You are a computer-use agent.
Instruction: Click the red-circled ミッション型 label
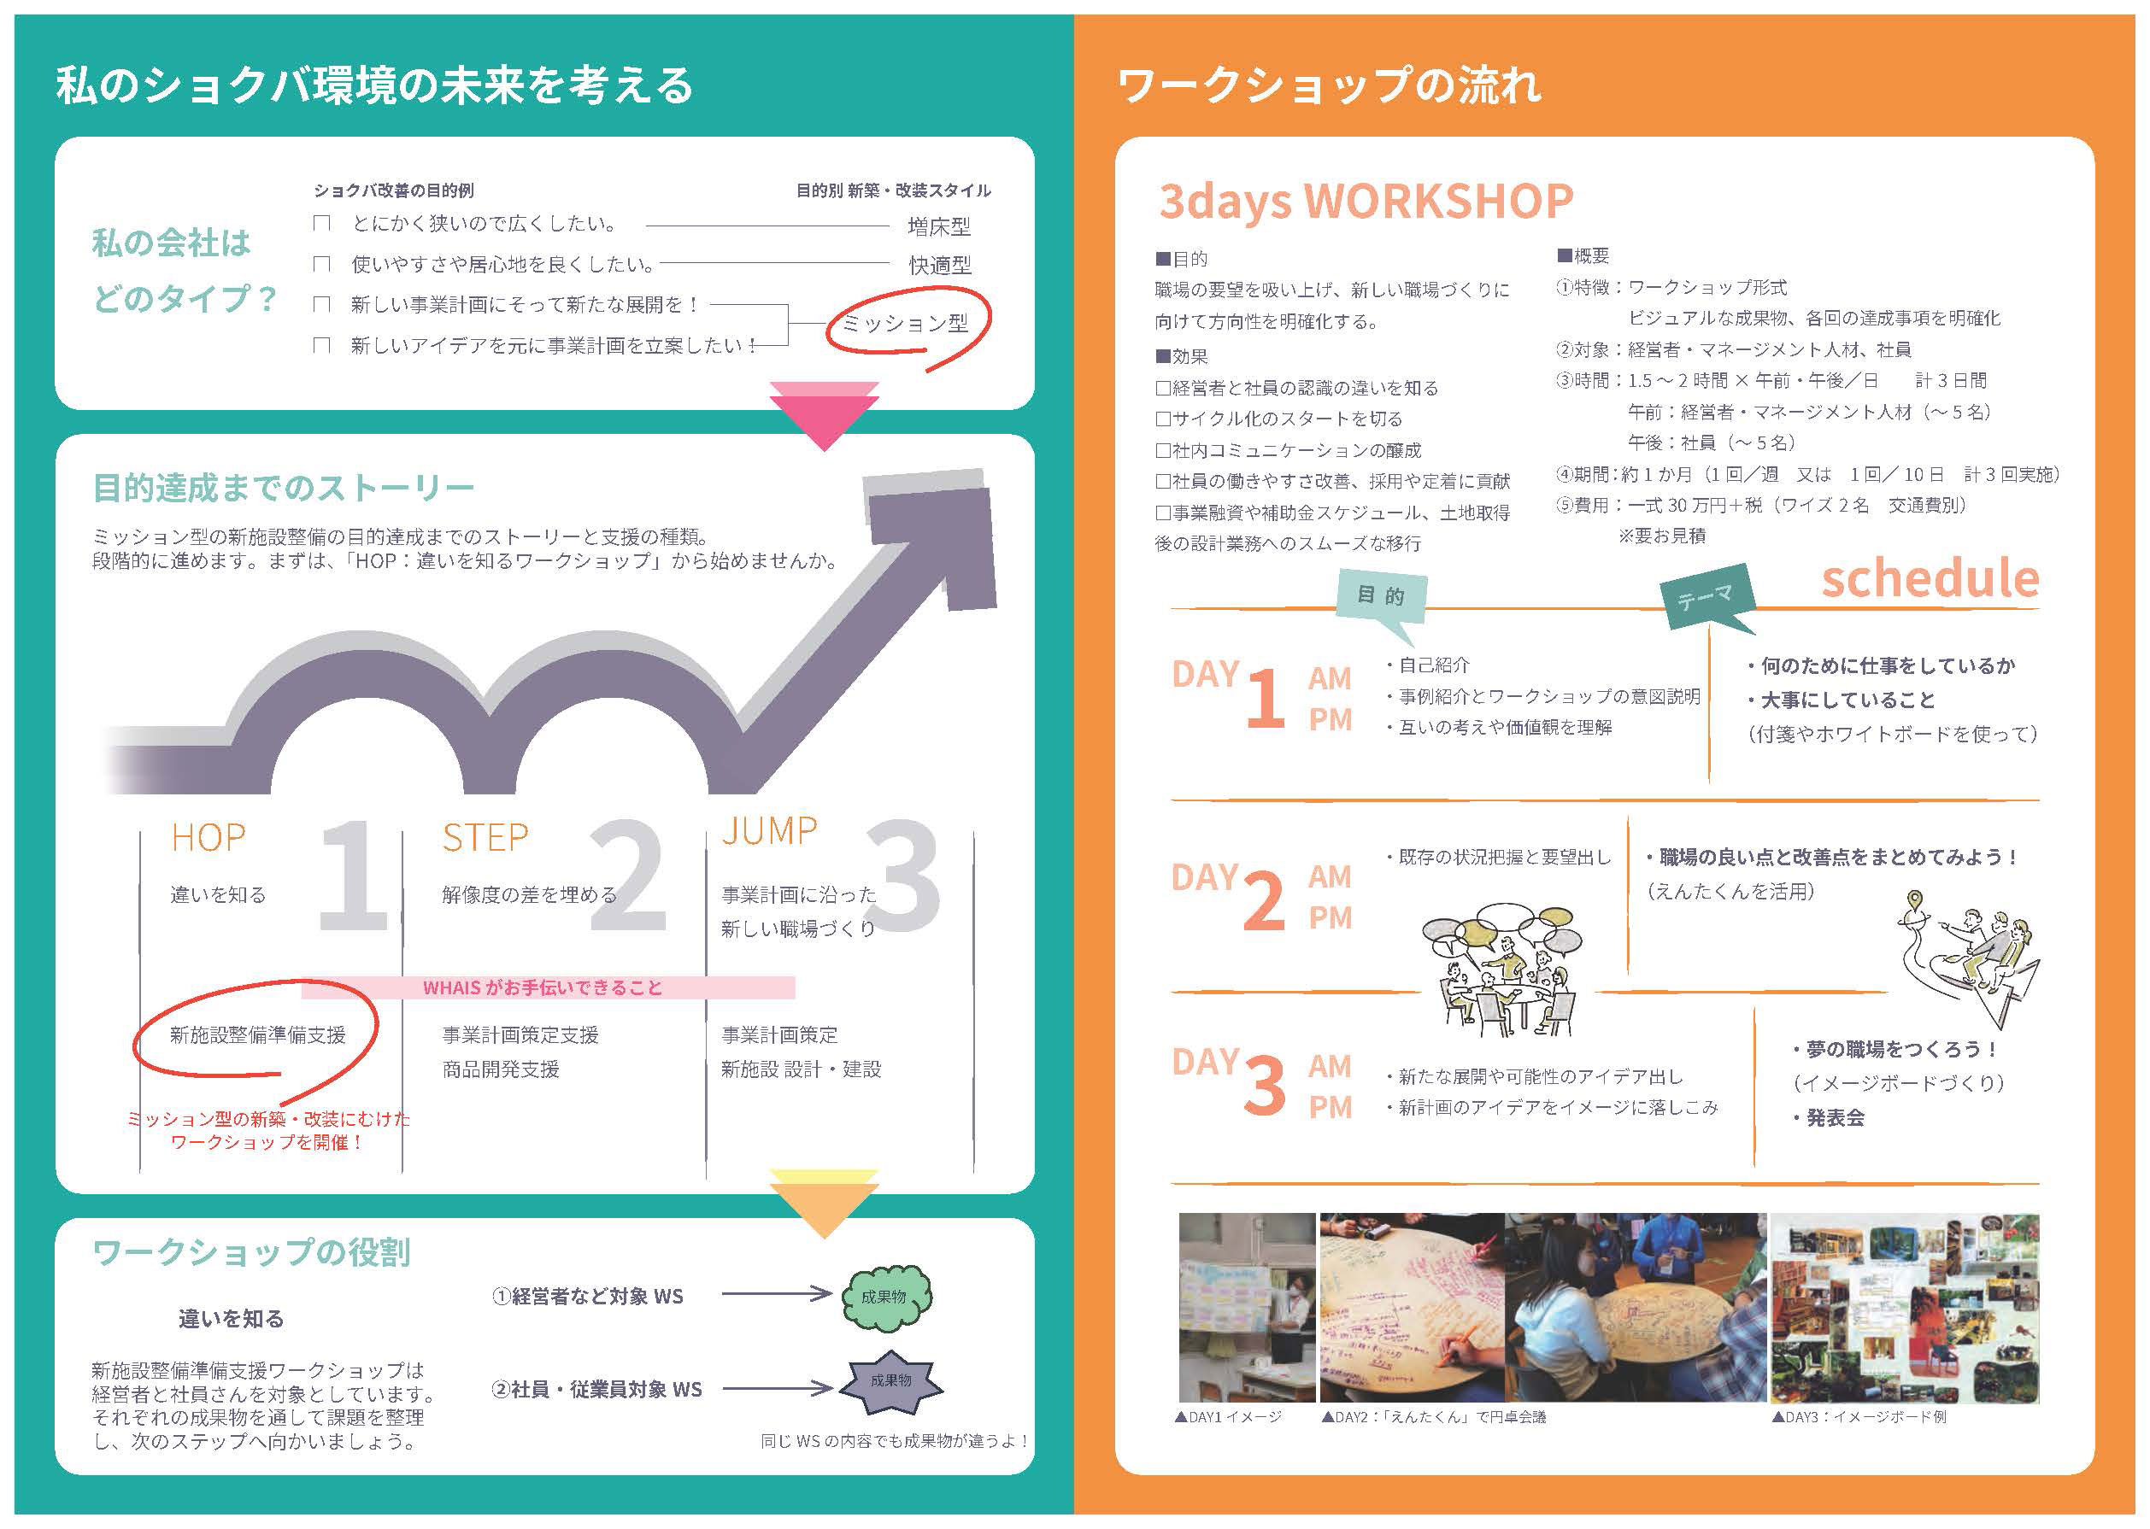[905, 324]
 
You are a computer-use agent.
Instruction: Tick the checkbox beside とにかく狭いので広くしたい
[322, 223]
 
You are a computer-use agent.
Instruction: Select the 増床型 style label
[939, 226]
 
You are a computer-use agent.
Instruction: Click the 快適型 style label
[939, 266]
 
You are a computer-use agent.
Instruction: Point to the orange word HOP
[209, 837]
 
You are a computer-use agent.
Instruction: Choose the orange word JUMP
[769, 830]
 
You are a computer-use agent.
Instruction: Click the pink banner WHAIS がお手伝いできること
[548, 987]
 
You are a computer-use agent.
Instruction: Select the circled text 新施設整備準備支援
[257, 1034]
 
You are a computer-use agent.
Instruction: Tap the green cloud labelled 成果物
[884, 1297]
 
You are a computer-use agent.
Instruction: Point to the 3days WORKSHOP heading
[1366, 202]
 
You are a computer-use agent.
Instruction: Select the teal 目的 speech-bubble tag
[1382, 596]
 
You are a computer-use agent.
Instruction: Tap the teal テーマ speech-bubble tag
[1706, 597]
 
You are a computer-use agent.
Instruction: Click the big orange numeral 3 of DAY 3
[1264, 1086]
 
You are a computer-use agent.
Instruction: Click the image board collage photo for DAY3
[1904, 1308]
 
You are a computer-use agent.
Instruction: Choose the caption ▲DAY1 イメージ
[1228, 1416]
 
